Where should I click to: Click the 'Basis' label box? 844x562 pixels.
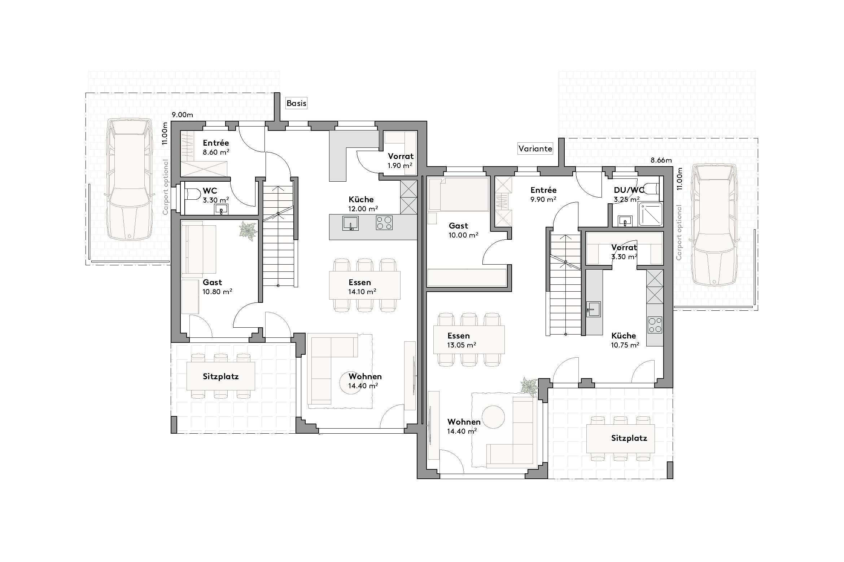(x=296, y=103)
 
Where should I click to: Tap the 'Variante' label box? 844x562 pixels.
(x=535, y=149)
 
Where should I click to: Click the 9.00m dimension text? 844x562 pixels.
(x=182, y=115)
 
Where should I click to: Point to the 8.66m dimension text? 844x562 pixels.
(x=661, y=160)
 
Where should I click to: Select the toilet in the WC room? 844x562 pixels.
(x=193, y=195)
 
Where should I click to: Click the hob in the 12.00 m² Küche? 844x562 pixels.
(x=384, y=222)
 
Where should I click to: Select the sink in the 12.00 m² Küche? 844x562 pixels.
(x=350, y=223)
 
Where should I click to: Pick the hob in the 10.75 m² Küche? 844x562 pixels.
(x=655, y=324)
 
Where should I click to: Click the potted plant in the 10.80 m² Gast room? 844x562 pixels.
(x=248, y=230)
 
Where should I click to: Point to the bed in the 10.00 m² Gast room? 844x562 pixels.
(x=458, y=194)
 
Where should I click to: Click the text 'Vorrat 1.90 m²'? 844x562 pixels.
(x=400, y=161)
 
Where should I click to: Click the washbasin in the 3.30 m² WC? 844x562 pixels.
(x=221, y=209)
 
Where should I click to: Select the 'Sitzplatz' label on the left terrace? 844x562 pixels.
(x=220, y=377)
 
